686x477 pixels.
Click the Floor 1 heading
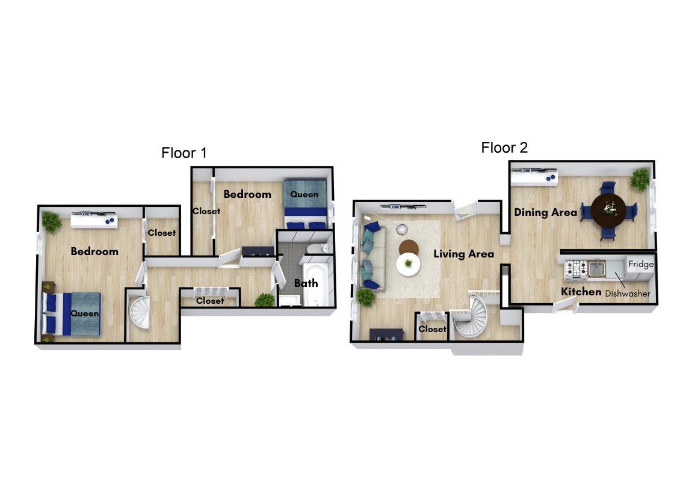pyautogui.click(x=184, y=153)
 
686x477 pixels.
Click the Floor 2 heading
pyautogui.click(x=504, y=148)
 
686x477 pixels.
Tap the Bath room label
pyautogui.click(x=306, y=283)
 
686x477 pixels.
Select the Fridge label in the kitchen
pyautogui.click(x=641, y=264)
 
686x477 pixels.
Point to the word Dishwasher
pyautogui.click(x=628, y=294)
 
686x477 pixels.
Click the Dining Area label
pyautogui.click(x=546, y=212)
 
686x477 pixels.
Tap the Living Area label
pyautogui.click(x=464, y=254)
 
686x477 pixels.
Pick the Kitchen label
pyautogui.click(x=581, y=292)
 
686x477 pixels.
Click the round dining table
pyautogui.click(x=608, y=211)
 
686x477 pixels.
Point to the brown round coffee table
pyautogui.click(x=409, y=247)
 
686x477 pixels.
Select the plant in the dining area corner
pyautogui.click(x=640, y=179)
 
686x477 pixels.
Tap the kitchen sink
pyautogui.click(x=597, y=268)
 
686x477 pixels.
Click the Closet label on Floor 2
pyautogui.click(x=432, y=329)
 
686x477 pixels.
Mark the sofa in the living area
pyautogui.click(x=371, y=256)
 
